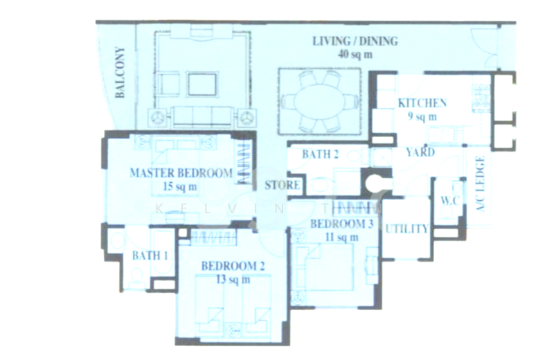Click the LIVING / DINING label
(x=355, y=42)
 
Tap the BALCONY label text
(x=120, y=72)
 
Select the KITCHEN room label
(x=422, y=104)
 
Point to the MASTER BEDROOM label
(x=181, y=173)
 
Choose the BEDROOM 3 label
(x=341, y=224)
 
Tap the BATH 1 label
(x=150, y=256)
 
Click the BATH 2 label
(x=320, y=154)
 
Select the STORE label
(x=283, y=186)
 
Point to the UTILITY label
(x=406, y=229)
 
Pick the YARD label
(x=420, y=152)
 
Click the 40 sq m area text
(x=355, y=53)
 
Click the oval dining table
(x=319, y=101)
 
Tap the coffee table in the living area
(x=201, y=84)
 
